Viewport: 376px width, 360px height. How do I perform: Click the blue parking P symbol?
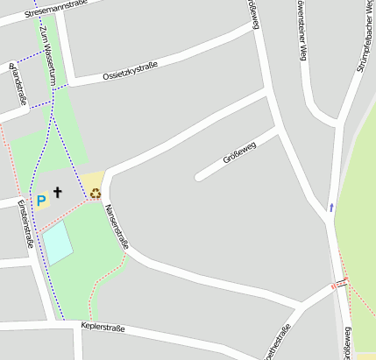click(x=40, y=201)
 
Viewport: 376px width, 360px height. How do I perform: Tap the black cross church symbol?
click(x=59, y=192)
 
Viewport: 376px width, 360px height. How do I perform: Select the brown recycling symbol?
click(x=95, y=194)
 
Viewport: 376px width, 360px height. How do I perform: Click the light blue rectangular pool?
click(x=59, y=243)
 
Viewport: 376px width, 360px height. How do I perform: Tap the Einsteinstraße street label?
click(x=25, y=223)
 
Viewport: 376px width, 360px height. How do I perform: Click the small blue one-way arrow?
click(x=331, y=208)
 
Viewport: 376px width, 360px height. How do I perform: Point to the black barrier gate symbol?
click(x=344, y=282)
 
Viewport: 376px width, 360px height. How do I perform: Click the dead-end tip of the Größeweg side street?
click(x=199, y=178)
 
